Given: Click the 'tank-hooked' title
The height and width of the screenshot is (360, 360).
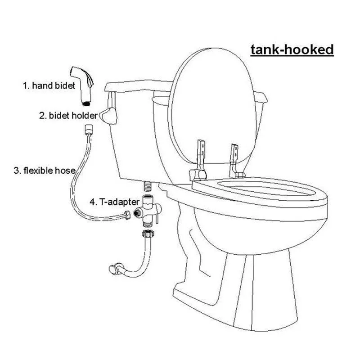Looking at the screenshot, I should coord(291,49).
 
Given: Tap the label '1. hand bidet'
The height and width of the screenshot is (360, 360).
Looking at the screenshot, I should coord(48,85).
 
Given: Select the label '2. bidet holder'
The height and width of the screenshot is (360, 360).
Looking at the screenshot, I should coord(67,116).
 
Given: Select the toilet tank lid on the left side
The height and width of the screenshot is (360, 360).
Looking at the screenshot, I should coord(135,87).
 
